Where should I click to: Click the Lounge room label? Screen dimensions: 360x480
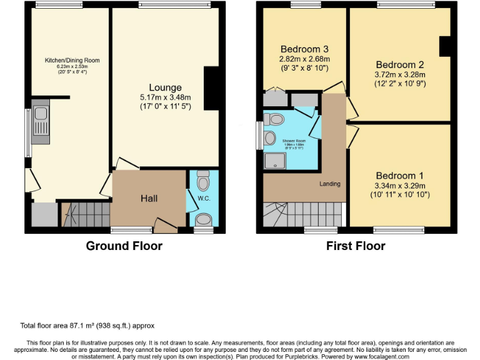(165, 87)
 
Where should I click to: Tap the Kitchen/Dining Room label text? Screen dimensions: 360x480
(72, 61)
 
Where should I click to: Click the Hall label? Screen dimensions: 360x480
(149, 198)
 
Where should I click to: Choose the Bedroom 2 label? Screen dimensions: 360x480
(399, 64)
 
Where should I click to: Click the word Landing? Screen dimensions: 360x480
(329, 184)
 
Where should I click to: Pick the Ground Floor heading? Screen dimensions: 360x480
(124, 246)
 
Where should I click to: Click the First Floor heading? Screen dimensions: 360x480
(356, 246)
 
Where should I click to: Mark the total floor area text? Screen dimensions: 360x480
(87, 326)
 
